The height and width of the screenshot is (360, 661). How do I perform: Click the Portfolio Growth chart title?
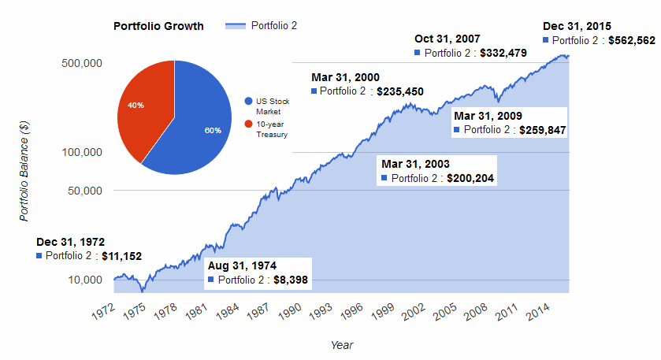click(x=158, y=26)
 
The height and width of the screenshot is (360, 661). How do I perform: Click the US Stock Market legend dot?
click(x=249, y=102)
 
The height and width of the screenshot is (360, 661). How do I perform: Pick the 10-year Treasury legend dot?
click(x=249, y=124)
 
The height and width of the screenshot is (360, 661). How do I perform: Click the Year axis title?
click(x=342, y=344)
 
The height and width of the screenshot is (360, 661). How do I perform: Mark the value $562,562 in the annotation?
click(x=631, y=40)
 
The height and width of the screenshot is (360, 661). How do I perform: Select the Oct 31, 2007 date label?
click(x=447, y=39)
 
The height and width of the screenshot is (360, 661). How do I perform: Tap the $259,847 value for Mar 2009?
click(x=543, y=130)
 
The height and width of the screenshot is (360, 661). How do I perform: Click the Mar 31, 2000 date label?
click(x=345, y=77)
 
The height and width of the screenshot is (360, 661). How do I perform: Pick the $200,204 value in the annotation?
click(x=470, y=179)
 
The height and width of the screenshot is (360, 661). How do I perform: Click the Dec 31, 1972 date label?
click(x=70, y=242)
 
